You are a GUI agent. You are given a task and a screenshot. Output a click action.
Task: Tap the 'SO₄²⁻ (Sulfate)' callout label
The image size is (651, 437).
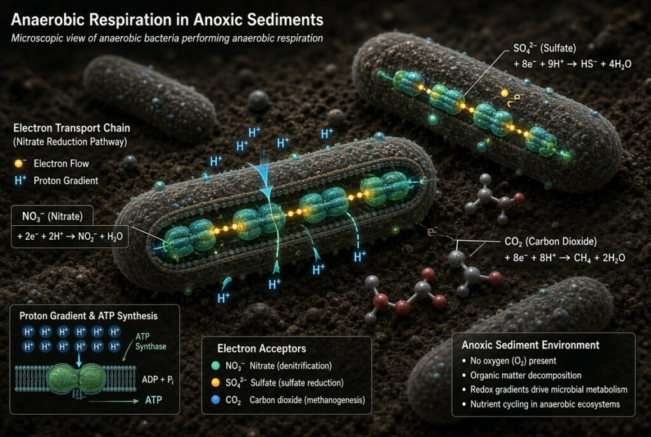coord(545,48)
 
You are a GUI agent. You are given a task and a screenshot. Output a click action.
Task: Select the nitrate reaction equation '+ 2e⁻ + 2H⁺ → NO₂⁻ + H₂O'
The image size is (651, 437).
coord(70,237)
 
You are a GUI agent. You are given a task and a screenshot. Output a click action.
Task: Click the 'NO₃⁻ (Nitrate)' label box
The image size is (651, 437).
coord(52,216)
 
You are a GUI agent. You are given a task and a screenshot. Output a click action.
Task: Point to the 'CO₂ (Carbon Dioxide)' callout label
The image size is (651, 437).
coord(551,241)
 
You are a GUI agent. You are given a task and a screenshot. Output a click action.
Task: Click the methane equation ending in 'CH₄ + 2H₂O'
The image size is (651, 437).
coord(565,258)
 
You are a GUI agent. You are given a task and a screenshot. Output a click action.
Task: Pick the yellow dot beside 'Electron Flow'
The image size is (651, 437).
coord(18,163)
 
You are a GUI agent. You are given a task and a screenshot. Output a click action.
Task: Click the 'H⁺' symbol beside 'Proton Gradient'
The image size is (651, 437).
coord(20,180)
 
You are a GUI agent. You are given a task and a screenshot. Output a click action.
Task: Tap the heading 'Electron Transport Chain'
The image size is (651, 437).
coord(71,128)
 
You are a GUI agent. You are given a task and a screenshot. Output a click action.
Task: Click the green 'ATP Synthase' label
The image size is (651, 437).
coord(150,342)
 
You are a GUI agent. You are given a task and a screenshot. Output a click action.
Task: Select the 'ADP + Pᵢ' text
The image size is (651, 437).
coord(158,380)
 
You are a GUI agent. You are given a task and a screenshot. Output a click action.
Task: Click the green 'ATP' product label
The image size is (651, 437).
coord(154,400)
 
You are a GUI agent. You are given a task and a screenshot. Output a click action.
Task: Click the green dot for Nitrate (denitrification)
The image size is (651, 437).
coord(216,366)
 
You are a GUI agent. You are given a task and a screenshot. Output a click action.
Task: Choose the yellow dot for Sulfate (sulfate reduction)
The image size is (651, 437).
coord(216,382)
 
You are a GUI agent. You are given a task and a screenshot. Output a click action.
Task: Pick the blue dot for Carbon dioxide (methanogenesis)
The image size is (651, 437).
coord(216,400)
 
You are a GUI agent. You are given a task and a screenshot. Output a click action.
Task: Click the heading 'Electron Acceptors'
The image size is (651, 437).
coord(261,349)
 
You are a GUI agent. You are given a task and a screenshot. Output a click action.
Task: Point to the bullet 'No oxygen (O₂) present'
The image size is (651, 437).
coord(513,361)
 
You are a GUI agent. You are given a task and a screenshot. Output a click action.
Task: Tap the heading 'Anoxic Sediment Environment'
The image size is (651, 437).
coord(531,345)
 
